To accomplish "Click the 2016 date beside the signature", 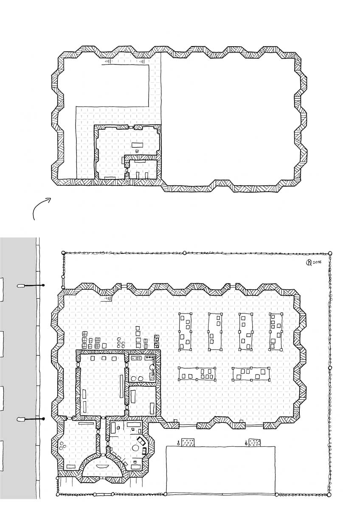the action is tap(317, 262).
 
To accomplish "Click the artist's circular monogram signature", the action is tap(309, 263).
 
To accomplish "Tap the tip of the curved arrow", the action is tap(51, 198).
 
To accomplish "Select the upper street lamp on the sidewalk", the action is tap(31, 285).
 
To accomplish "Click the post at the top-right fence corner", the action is tap(330, 253).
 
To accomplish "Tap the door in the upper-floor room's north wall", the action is tap(131, 127).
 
